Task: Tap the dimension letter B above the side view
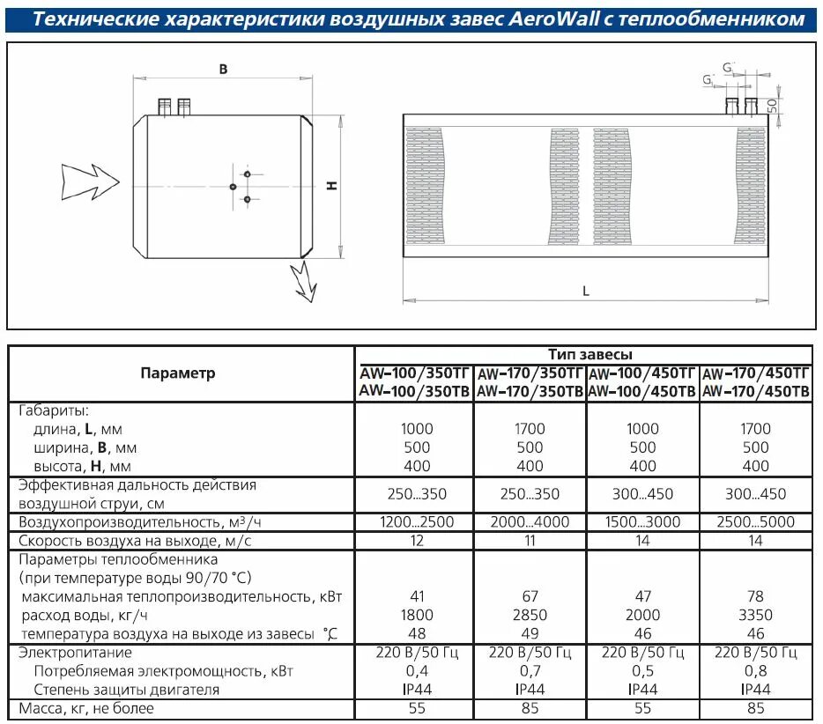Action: tap(223, 69)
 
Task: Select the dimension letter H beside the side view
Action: tap(330, 185)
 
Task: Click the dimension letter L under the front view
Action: tap(585, 292)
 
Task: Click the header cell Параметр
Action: tap(177, 373)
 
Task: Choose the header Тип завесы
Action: tap(589, 354)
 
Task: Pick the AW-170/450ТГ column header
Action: tap(756, 373)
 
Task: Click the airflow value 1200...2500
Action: tap(417, 522)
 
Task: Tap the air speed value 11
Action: tap(530, 541)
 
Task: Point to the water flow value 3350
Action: tap(756, 615)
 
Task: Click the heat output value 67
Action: tap(530, 596)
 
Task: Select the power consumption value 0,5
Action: tap(642, 671)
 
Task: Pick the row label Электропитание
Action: tap(76, 653)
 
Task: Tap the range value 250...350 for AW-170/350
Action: tap(530, 494)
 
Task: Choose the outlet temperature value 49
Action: tap(530, 633)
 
